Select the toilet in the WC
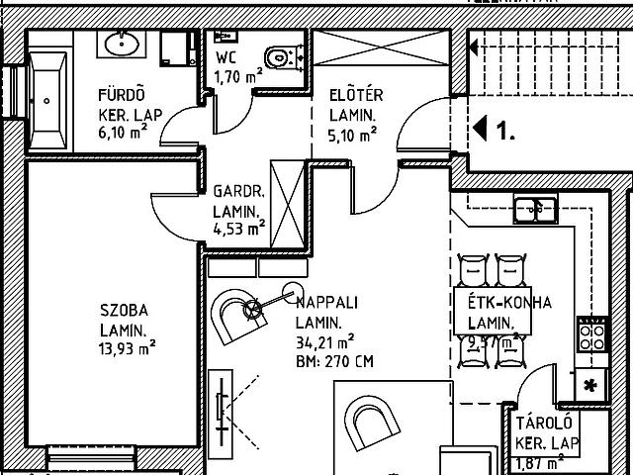281,58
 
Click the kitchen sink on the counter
534,208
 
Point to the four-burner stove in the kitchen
592,333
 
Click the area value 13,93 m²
127,347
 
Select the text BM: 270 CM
333,361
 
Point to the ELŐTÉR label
356,96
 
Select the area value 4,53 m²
238,229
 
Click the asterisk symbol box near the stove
592,384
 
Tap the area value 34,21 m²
324,342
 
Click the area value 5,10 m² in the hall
353,134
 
